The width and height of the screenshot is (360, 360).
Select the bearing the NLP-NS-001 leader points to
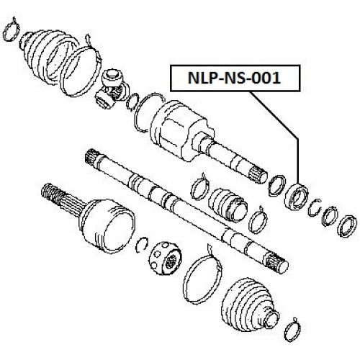click(x=297, y=195)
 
